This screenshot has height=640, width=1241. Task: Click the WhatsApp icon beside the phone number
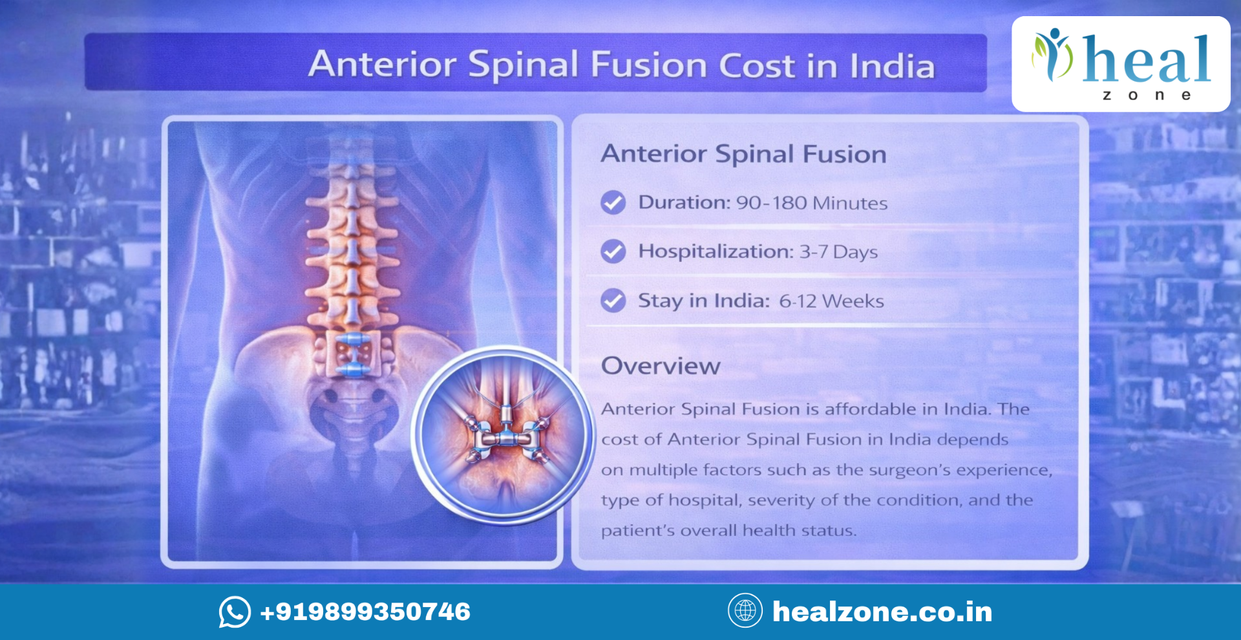pyautogui.click(x=235, y=612)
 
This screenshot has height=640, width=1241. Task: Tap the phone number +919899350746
pyautogui.click(x=365, y=612)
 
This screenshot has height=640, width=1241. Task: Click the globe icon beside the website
pyautogui.click(x=745, y=610)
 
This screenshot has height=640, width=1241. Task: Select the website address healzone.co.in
pyautogui.click(x=882, y=612)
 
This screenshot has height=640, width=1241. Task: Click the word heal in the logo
pyautogui.click(x=1146, y=59)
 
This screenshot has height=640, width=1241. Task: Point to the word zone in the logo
pyautogui.click(x=1146, y=96)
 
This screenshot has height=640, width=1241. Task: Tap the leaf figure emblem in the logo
pyautogui.click(x=1052, y=54)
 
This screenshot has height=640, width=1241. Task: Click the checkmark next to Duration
pyautogui.click(x=613, y=202)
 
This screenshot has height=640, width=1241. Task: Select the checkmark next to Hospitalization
pyautogui.click(x=613, y=251)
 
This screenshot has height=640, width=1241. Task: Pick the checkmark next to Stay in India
pyautogui.click(x=613, y=301)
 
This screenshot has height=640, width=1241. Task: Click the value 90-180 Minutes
pyautogui.click(x=811, y=203)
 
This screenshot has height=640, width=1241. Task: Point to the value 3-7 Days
pyautogui.click(x=838, y=251)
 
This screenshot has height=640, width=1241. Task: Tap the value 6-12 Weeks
pyautogui.click(x=831, y=301)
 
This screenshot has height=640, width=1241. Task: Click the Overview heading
pyautogui.click(x=661, y=366)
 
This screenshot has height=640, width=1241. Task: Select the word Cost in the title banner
pyautogui.click(x=756, y=66)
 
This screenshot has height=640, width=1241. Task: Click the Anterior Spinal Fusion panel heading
pyautogui.click(x=743, y=154)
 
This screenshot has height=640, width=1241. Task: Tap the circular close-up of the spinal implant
pyautogui.click(x=503, y=434)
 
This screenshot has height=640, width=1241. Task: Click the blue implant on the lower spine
pyautogui.click(x=353, y=354)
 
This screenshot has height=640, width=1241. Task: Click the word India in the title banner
pyautogui.click(x=892, y=66)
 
